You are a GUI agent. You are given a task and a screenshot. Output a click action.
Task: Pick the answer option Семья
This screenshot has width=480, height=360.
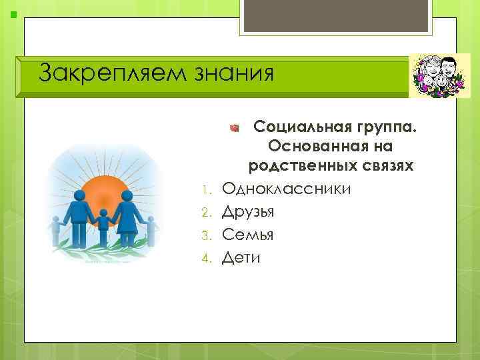coord(247,235)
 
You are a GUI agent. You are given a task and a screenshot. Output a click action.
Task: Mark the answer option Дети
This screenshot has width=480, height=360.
coord(241,257)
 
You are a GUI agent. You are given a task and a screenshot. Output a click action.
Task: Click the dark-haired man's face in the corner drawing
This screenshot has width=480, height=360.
coord(447,68)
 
